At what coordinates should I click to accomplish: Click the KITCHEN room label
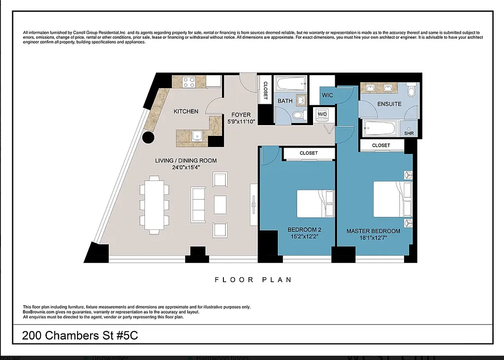(x=186, y=111)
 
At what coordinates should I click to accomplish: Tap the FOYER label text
(x=241, y=115)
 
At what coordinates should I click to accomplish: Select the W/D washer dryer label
(x=322, y=114)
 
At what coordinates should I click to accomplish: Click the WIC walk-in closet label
(x=327, y=95)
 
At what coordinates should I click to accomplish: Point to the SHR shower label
(x=409, y=133)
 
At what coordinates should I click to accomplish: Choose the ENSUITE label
(x=389, y=104)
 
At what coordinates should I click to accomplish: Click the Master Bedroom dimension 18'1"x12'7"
(x=373, y=238)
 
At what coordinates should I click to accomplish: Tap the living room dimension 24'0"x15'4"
(x=186, y=167)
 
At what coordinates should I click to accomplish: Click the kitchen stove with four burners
(x=189, y=82)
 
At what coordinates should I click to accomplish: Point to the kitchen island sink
(x=196, y=135)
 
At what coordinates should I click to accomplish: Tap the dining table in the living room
(x=154, y=205)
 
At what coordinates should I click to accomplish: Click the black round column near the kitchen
(x=149, y=138)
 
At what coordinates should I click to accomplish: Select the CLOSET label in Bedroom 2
(x=309, y=153)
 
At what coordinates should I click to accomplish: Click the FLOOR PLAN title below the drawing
(x=253, y=280)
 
